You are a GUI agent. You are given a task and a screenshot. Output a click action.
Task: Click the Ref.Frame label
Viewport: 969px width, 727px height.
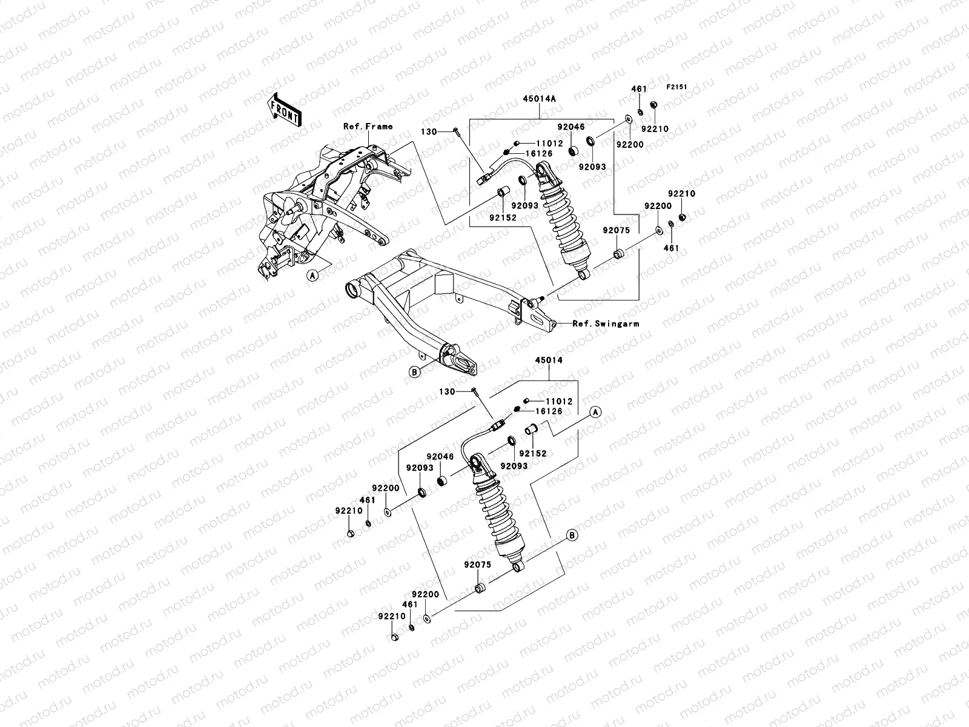[368, 127]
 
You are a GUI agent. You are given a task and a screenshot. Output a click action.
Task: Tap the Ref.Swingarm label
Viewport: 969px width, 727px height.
[606, 324]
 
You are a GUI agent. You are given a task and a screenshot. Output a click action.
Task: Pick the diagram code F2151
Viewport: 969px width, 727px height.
[677, 87]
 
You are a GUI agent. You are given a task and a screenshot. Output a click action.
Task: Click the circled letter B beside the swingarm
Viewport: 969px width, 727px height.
[414, 373]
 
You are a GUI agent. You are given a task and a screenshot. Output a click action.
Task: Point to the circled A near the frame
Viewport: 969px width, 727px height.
[313, 276]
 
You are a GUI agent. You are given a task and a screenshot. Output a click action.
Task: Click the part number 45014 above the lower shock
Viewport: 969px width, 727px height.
[548, 360]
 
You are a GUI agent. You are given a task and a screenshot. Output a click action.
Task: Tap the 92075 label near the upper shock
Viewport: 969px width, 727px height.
[616, 230]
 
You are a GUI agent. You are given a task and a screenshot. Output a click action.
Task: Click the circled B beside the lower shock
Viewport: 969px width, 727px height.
[570, 535]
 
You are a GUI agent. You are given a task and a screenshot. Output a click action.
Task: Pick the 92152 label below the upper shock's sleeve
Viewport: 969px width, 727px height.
[503, 217]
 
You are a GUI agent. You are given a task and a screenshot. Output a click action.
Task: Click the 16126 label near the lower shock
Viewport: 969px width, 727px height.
[549, 411]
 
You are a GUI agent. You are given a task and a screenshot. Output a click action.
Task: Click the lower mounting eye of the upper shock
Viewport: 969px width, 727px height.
[583, 276]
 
